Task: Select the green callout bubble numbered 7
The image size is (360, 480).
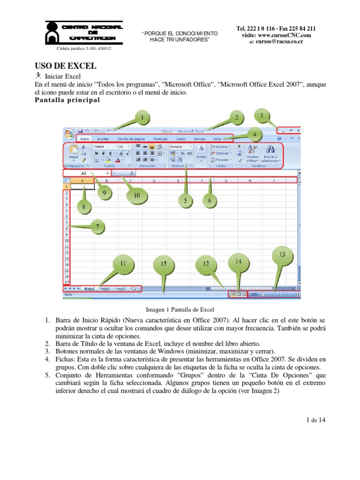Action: [x=97, y=227]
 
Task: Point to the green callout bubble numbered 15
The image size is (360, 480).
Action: [x=163, y=264]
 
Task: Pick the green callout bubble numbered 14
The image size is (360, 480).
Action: [x=238, y=262]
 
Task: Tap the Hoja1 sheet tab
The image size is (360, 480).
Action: [x=90, y=289]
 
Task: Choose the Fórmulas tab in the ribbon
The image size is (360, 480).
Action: [x=161, y=139]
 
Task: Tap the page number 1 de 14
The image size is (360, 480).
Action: [x=315, y=420]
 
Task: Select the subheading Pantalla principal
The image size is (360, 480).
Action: [x=67, y=100]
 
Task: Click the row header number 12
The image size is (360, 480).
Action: [x=67, y=252]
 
